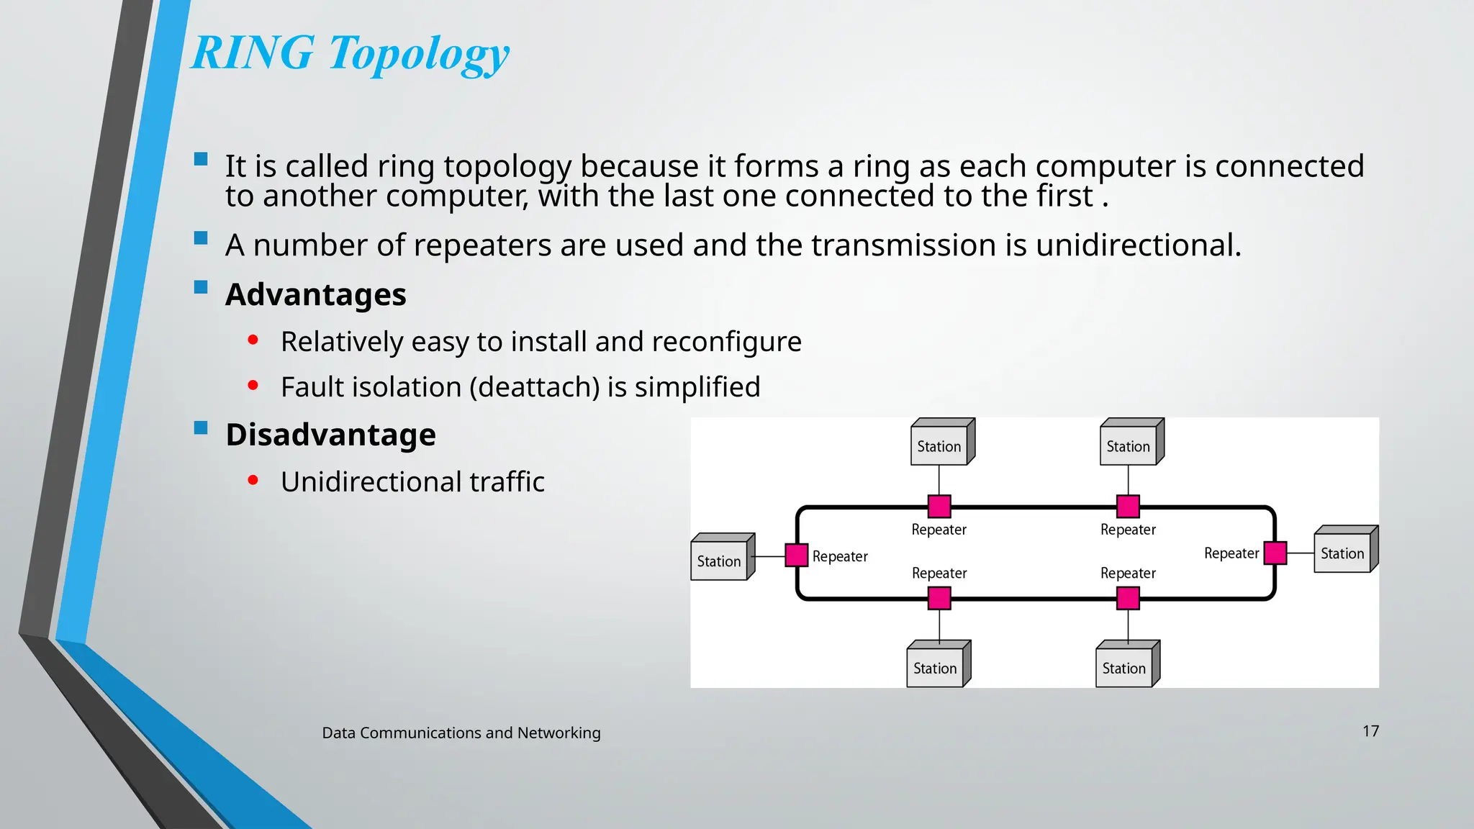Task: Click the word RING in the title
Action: (253, 53)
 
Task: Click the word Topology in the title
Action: (419, 55)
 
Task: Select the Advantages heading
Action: (315, 295)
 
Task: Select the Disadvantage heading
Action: (330, 435)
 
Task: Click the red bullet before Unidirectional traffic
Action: (253, 480)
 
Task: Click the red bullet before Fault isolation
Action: (253, 386)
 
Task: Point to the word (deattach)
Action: (535, 387)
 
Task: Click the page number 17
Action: (1370, 731)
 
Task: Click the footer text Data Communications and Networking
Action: (461, 733)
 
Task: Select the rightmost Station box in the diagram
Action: (1343, 552)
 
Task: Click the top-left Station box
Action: (940, 445)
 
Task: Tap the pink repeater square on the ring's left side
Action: (796, 556)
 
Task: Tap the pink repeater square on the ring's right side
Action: (1275, 553)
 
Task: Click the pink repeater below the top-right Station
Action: (1128, 507)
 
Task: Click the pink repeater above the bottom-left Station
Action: (939, 598)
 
